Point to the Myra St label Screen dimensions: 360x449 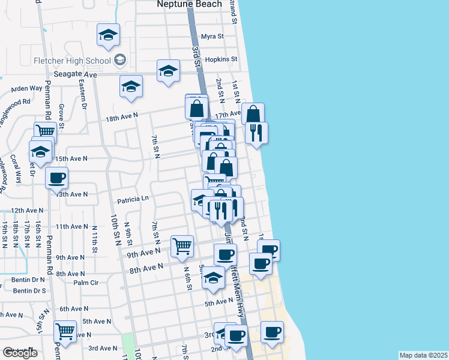[212, 36]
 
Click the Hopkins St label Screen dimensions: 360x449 [221, 59]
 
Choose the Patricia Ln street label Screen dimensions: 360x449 [133, 199]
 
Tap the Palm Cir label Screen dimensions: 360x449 [86, 283]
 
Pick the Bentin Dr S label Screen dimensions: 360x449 [29, 291]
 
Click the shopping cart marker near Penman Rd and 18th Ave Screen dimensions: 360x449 [45, 131]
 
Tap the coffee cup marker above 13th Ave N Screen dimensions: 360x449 [56, 177]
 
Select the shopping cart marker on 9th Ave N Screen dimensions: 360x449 [182, 245]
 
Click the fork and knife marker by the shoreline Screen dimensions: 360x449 [256, 133]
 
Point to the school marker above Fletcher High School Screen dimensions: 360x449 [108, 35]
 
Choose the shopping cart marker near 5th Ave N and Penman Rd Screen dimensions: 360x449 [65, 331]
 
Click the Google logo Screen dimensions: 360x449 [20, 353]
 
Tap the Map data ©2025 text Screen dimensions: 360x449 [423, 355]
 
